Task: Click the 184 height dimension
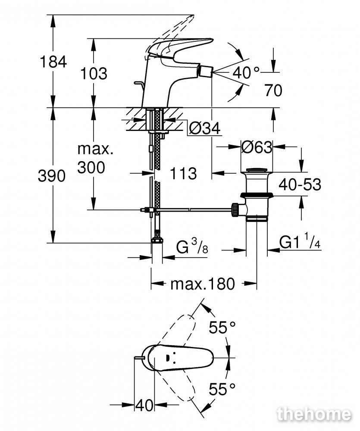pos(53,62)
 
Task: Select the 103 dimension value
pos(94,74)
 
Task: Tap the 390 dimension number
pos(52,176)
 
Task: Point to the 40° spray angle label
pos(246,72)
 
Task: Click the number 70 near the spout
pos(273,90)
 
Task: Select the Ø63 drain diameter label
pos(257,147)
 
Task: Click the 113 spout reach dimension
pos(183,173)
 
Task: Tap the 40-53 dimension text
pos(300,184)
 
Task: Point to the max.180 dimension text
pos(203,284)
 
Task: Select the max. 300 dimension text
pos(95,158)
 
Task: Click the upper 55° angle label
pos(222,327)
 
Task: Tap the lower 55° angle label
pos(222,388)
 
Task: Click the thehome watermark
pos(314,415)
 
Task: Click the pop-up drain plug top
pos(257,171)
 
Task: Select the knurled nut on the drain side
pos(235,210)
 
